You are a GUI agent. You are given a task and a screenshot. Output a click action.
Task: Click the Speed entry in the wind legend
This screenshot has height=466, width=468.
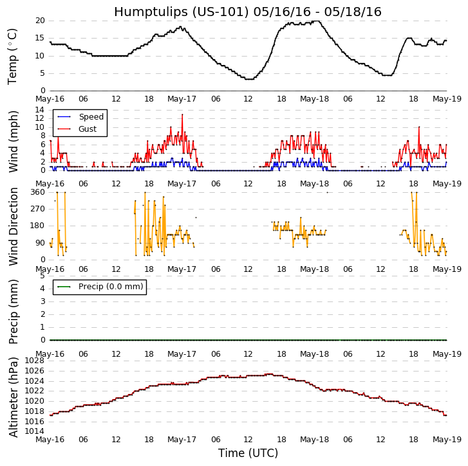91,117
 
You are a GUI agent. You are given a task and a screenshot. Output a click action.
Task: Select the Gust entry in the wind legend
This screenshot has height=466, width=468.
88,129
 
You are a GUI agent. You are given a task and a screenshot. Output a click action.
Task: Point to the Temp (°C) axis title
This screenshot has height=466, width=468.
13,56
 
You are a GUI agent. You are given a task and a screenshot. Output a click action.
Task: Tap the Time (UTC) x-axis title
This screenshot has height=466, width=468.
248,453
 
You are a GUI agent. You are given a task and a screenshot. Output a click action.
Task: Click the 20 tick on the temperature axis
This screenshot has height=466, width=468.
40,21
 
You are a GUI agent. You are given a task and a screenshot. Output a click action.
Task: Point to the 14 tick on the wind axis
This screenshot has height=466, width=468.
40,110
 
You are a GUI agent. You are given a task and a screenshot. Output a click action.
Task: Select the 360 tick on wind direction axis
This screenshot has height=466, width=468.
37,192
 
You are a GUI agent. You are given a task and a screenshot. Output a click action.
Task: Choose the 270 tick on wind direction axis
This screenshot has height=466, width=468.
37,209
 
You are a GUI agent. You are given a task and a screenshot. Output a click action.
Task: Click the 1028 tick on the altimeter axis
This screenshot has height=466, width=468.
35,361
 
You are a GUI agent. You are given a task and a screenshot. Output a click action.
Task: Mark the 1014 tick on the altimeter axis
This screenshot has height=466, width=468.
35,431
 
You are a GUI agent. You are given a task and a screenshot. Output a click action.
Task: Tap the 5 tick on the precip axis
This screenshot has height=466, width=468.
42,276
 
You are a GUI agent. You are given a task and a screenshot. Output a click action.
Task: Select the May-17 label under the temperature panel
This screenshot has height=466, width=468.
182,99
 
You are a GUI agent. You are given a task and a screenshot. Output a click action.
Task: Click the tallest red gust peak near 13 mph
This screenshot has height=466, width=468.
182,114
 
